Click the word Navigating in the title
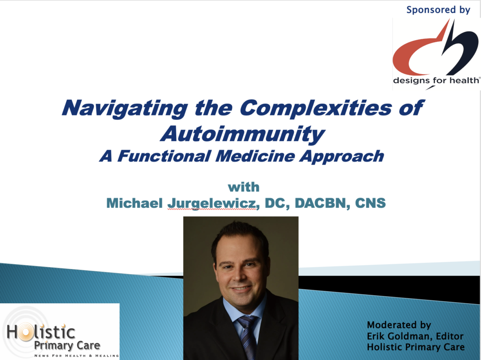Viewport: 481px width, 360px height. click(x=125, y=108)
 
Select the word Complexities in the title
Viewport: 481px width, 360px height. click(x=316, y=108)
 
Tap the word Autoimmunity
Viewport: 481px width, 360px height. click(x=242, y=134)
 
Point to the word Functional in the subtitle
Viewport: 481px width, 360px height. click(x=164, y=156)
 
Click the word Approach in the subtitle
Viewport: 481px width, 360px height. click(x=342, y=157)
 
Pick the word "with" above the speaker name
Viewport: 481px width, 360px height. click(x=244, y=187)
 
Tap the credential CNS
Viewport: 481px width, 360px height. click(x=370, y=203)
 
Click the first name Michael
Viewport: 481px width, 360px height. click(x=134, y=203)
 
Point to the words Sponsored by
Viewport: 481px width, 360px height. click(x=438, y=10)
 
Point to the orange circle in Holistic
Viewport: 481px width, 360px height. click(x=25, y=332)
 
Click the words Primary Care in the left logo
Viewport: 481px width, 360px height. click(x=67, y=345)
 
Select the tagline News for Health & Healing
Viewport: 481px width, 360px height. click(x=77, y=356)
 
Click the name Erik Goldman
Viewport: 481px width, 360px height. click(x=399, y=336)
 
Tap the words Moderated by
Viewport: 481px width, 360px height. click(x=399, y=325)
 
